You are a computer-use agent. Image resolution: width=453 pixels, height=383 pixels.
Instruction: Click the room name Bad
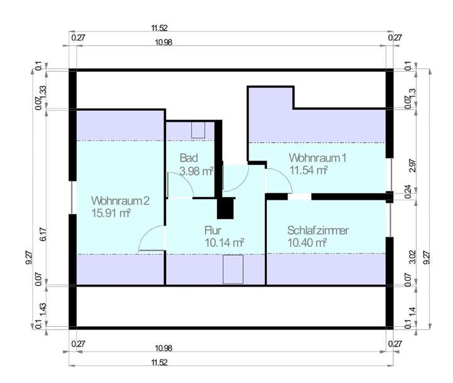click(x=187, y=157)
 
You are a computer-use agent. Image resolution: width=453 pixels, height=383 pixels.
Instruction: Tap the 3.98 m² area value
click(x=196, y=171)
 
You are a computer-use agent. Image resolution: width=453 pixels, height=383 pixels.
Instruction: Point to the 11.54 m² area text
click(x=308, y=170)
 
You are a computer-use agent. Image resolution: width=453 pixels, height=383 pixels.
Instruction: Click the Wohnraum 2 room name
click(x=120, y=201)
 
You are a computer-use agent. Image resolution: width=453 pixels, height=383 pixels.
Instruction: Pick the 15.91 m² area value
click(x=110, y=214)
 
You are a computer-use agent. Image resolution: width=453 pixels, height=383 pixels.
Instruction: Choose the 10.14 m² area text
click(x=224, y=242)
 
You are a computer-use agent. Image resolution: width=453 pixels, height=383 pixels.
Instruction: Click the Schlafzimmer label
click(x=317, y=230)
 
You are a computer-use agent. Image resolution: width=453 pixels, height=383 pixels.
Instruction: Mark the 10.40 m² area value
click(x=306, y=243)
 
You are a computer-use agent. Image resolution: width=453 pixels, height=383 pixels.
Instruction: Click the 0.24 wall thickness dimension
click(x=413, y=190)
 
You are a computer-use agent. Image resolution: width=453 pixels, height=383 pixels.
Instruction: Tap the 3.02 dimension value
click(x=413, y=256)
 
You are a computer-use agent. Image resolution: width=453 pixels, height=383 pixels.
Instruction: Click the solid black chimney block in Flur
click(x=225, y=208)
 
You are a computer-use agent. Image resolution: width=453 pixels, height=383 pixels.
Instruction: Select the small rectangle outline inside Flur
click(x=233, y=270)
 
